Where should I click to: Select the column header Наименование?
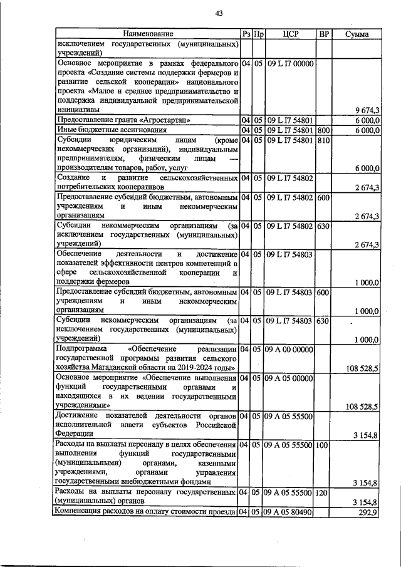[148, 33]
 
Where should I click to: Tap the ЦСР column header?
[289, 33]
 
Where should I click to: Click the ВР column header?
[323, 33]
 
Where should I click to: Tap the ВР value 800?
[323, 130]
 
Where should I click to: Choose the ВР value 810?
[323, 140]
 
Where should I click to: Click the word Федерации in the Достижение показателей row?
[75, 434]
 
